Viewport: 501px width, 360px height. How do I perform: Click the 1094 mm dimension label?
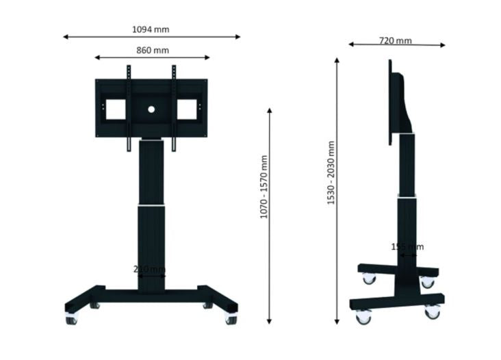tap(151, 29)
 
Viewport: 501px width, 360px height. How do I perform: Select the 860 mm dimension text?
tap(152, 50)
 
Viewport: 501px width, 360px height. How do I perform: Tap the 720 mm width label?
tap(396, 40)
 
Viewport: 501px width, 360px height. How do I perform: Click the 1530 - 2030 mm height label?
tap(331, 173)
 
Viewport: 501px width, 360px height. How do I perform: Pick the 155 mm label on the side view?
tap(407, 246)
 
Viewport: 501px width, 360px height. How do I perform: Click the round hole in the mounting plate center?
tap(151, 108)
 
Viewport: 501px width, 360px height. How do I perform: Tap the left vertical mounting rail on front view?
tap(128, 108)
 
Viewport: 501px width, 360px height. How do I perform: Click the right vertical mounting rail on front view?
tap(174, 108)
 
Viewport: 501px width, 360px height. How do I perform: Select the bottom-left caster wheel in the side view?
tap(363, 317)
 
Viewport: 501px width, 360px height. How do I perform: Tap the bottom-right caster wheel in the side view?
tap(432, 312)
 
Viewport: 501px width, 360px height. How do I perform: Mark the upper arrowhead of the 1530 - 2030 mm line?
tap(337, 61)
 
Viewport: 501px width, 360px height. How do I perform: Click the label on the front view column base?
tap(149, 269)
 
